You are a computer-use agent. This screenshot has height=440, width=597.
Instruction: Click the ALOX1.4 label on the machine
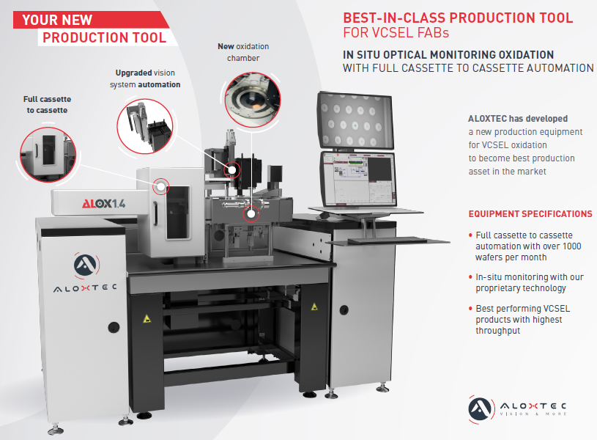click(x=103, y=204)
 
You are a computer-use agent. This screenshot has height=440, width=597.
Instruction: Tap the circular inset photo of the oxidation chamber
click(x=253, y=100)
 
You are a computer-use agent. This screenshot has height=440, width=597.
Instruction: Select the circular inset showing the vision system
click(x=145, y=126)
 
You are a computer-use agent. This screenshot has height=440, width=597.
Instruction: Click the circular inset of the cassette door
click(x=48, y=155)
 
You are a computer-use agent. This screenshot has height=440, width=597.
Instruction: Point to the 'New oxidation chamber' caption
click(x=243, y=52)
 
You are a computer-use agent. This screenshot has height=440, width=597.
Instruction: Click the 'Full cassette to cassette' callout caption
click(x=47, y=104)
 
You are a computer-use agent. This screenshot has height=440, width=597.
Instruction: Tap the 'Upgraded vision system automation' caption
click(x=145, y=78)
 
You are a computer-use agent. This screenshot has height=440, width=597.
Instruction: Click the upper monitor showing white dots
click(x=355, y=120)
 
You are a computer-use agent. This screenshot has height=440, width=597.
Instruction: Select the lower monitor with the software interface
click(x=359, y=178)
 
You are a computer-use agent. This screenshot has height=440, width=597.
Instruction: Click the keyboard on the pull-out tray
click(x=388, y=240)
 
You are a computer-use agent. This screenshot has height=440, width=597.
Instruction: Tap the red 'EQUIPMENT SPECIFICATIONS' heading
click(x=530, y=214)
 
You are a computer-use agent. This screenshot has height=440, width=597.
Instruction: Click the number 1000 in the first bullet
click(x=572, y=246)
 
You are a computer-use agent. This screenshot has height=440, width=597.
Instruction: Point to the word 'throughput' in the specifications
click(x=497, y=331)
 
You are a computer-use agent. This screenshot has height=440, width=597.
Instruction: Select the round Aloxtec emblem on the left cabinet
click(x=86, y=264)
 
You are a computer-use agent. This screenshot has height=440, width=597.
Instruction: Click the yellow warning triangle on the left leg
click(x=147, y=318)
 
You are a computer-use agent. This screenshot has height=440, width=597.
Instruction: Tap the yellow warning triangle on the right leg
click(x=314, y=307)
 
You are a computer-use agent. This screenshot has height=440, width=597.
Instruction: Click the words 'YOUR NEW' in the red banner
click(x=57, y=20)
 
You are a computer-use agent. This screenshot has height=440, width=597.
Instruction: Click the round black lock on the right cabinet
click(x=344, y=310)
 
